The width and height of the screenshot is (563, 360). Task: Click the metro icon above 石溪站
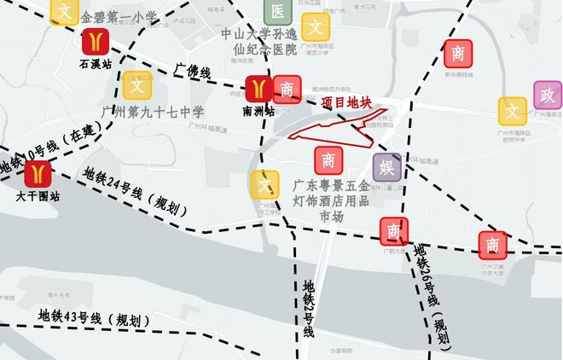pyautogui.click(x=95, y=41)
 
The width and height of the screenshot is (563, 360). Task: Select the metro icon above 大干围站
pyautogui.click(x=35, y=174)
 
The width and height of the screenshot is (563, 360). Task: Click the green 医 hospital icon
pyautogui.click(x=278, y=11)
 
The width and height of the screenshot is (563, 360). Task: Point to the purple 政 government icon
pyautogui.click(x=547, y=95)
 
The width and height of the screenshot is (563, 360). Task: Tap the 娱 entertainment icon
pyautogui.click(x=386, y=166)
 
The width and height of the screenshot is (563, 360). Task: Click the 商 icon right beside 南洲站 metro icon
pyautogui.click(x=287, y=89)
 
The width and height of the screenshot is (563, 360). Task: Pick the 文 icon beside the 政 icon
pyautogui.click(x=513, y=110)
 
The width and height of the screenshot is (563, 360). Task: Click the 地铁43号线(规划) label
pyautogui.click(x=94, y=317)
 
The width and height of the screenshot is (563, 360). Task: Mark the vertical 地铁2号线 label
pyautogui.click(x=308, y=307)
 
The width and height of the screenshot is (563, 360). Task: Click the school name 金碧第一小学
pyautogui.click(x=119, y=17)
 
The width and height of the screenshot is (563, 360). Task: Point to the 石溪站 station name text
pyautogui.click(x=96, y=63)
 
